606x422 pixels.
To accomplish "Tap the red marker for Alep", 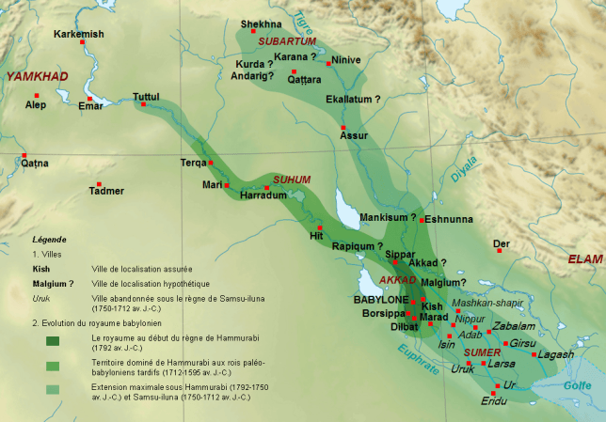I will click(38, 95).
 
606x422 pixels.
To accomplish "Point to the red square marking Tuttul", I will click(143, 104).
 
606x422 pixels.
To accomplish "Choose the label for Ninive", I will click(344, 60).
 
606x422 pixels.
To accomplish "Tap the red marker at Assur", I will click(343, 127).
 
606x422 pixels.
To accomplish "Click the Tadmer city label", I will click(105, 191).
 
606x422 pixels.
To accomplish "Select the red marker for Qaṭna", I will click(25, 156).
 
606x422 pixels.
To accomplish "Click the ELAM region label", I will click(584, 258).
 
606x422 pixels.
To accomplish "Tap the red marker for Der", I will click(500, 250).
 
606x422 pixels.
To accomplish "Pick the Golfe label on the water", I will click(575, 385).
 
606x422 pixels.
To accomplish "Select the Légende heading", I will click(49, 240).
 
